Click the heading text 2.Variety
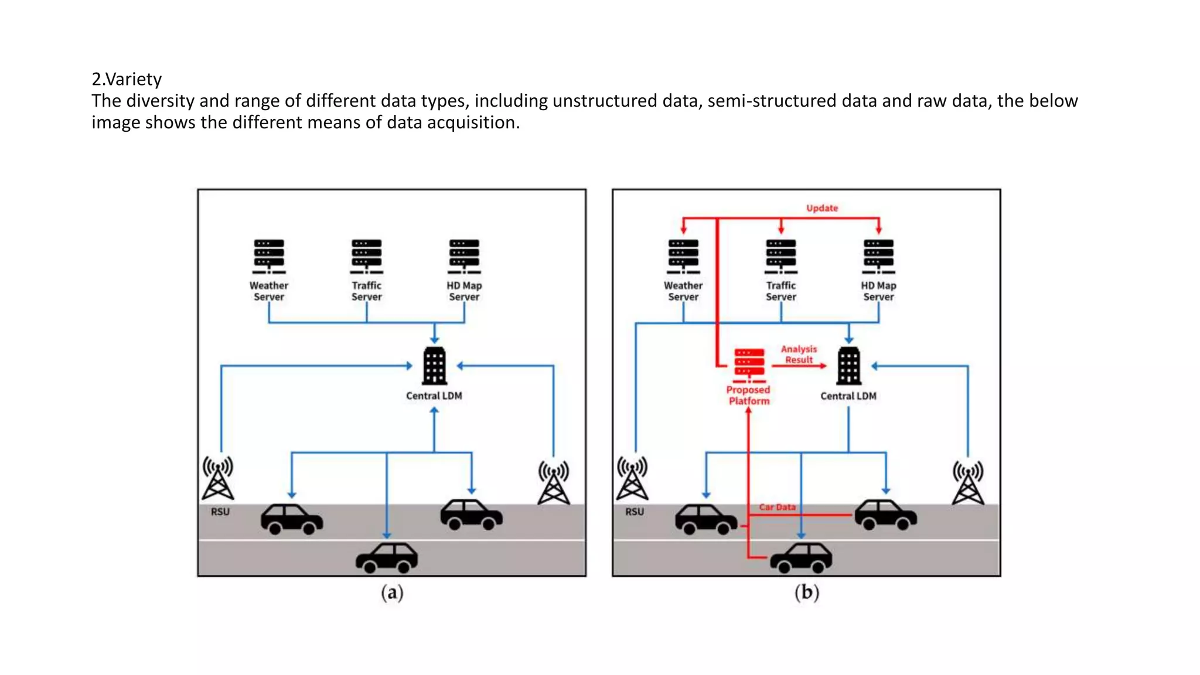coord(127,79)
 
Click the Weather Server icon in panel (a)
coord(269,256)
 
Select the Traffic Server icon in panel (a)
coord(367,256)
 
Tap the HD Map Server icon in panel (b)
coord(878,256)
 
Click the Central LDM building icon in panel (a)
coord(434,366)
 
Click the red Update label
coord(821,208)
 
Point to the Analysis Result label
coord(799,354)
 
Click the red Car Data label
coord(777,507)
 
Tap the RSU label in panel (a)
coord(220,512)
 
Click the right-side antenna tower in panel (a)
coord(554,483)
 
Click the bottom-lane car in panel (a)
coord(387,558)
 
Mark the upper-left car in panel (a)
coord(291,519)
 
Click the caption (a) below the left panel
coord(392,592)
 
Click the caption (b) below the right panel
coord(806,592)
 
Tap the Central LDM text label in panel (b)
coord(848,396)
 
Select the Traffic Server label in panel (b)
coord(781,291)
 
